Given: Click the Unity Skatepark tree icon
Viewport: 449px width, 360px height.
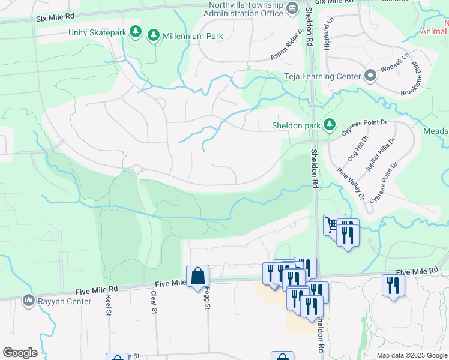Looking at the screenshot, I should [136, 32].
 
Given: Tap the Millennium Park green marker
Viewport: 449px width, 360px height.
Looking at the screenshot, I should [154, 36].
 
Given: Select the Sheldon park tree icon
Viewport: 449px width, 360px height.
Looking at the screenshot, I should [329, 125].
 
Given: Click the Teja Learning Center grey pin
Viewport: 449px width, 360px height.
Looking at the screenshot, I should [370, 76].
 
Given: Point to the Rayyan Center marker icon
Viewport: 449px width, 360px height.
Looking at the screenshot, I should [28, 300].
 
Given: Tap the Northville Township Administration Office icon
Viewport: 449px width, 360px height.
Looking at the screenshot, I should [292, 8].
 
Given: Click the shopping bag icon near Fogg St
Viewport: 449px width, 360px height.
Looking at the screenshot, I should [198, 277].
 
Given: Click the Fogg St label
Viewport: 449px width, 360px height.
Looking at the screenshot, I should [206, 298].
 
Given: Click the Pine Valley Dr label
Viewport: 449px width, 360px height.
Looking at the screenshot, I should [351, 184].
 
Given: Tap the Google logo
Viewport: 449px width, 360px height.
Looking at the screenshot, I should [20, 353].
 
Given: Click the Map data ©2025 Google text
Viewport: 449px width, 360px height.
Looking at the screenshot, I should [411, 355].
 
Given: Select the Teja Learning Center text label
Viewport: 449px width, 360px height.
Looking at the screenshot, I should [322, 76].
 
